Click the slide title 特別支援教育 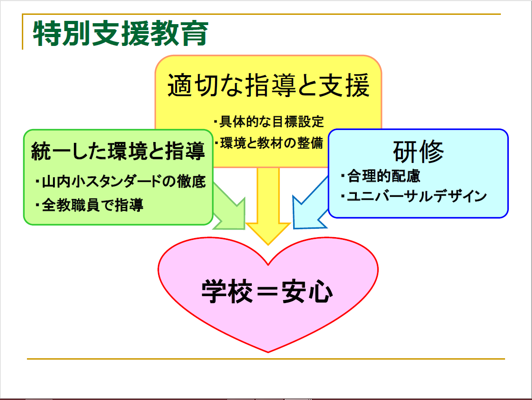pos(120,33)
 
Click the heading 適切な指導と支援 pos(269,85)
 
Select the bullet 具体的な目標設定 pos(269,122)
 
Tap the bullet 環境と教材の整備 pos(269,143)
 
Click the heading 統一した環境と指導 pos(118,151)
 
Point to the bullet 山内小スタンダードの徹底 pos(120,181)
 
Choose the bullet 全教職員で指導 pos(89,205)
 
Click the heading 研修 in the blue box pos(418,151)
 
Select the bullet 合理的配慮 pos(381,176)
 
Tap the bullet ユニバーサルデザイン pos(414,196)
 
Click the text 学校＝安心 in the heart pos(267,291)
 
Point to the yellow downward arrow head pos(268,233)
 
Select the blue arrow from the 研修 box pos(309,206)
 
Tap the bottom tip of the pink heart pos(268,352)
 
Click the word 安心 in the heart pos(307,291)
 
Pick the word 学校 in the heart pos(227,291)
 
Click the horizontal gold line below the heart pos(266,359)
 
